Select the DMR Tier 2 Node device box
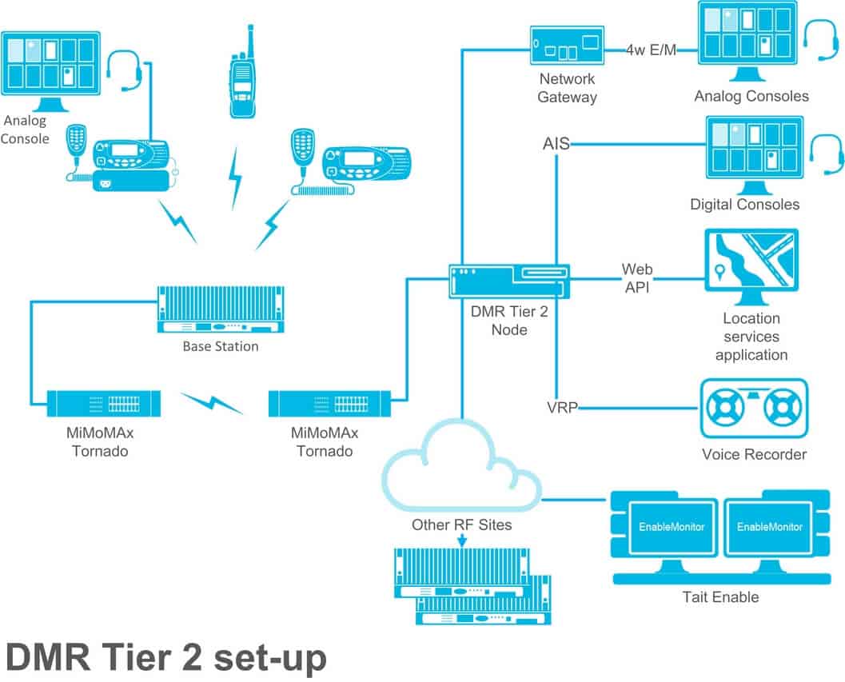[509, 281]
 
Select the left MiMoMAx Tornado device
[103, 402]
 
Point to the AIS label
[556, 145]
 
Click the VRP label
[561, 407]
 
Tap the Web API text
[636, 278]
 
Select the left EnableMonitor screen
[665, 527]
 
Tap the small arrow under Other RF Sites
[462, 542]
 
